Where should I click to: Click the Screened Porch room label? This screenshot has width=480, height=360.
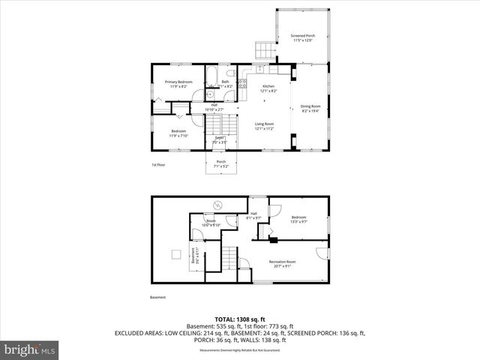(x=302, y=37)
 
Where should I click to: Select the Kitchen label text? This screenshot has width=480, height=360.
(x=268, y=88)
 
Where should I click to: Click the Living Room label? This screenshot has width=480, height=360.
(x=264, y=125)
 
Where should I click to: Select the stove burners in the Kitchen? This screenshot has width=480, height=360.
(x=242, y=83)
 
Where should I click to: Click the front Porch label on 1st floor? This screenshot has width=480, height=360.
(x=221, y=163)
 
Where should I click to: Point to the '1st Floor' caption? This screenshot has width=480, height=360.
(x=157, y=164)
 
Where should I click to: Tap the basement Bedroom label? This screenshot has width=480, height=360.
(x=299, y=219)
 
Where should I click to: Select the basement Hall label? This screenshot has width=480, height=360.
(x=253, y=217)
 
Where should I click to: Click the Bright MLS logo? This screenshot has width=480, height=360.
(x=29, y=349)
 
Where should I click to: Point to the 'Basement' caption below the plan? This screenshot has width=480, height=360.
(x=157, y=297)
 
